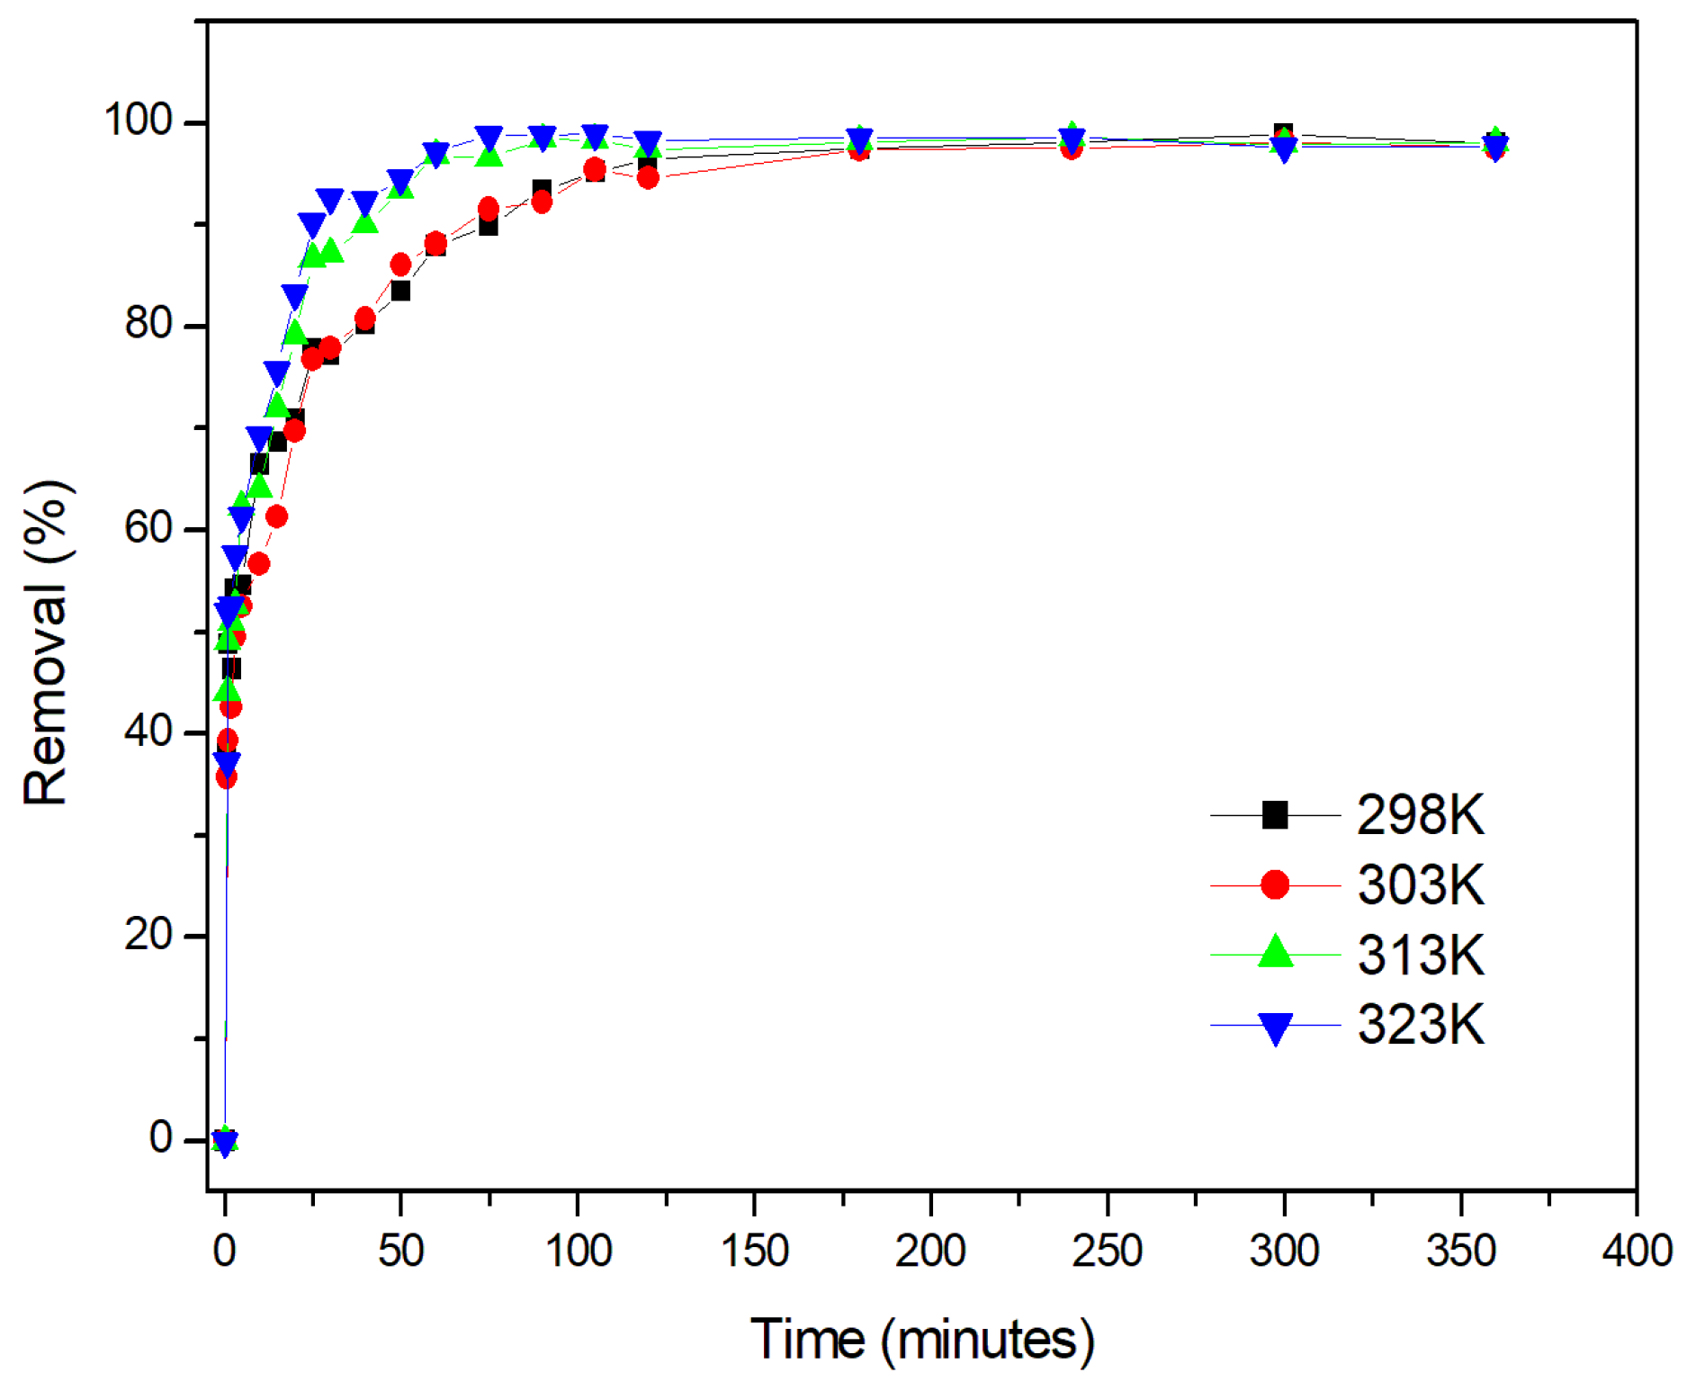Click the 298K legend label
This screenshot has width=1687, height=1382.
(x=1421, y=815)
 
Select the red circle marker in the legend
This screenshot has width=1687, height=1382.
(x=1275, y=885)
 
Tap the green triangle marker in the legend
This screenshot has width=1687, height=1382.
(x=1275, y=952)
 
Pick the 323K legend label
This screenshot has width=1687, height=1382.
(x=1421, y=1025)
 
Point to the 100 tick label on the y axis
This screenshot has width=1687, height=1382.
(x=138, y=120)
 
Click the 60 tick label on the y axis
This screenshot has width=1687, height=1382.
(x=148, y=527)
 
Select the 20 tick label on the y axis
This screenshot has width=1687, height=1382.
(x=148, y=935)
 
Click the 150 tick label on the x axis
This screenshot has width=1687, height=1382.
(x=754, y=1252)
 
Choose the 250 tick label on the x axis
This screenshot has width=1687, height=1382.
(x=1107, y=1252)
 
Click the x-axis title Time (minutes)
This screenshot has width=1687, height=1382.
(x=922, y=1340)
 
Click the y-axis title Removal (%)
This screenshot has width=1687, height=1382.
(x=47, y=642)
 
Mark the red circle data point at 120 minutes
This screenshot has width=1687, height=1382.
(x=648, y=178)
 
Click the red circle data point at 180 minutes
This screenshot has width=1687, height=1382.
(x=859, y=150)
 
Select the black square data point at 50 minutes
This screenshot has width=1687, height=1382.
(x=400, y=291)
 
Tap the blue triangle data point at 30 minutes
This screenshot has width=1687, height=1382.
(x=330, y=201)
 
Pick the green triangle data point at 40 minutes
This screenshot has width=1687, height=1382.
(x=365, y=222)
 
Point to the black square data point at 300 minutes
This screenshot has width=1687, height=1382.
(x=1284, y=133)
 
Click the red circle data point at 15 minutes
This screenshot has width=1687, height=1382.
(x=277, y=516)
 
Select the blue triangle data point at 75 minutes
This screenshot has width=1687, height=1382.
(x=489, y=138)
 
